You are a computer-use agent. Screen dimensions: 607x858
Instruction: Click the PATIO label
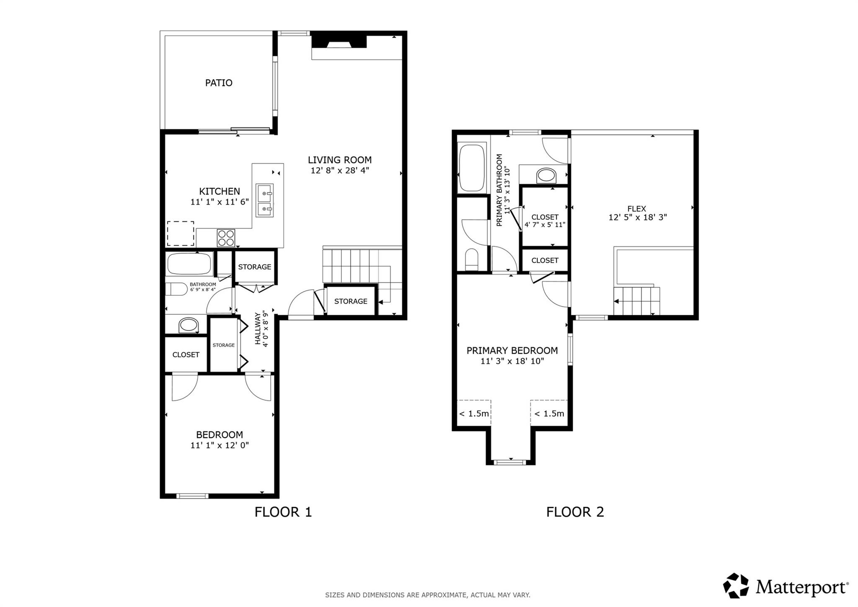219,83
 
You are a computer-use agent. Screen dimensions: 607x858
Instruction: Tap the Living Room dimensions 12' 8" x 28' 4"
339,171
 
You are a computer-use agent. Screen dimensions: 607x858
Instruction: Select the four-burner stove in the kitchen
226,238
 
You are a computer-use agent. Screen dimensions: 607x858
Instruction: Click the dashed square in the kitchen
181,233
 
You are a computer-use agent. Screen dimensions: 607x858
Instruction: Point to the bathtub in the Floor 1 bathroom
189,264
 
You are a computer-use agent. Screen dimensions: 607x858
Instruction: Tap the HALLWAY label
258,328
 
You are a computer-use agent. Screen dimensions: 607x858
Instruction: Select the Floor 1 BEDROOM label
220,435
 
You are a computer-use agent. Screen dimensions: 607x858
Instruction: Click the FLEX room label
637,208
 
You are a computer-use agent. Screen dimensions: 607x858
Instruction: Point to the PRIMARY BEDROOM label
512,350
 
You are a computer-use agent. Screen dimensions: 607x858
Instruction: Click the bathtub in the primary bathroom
472,168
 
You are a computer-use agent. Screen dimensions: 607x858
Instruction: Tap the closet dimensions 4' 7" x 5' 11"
545,225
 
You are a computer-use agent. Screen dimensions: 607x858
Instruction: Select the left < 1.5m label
474,414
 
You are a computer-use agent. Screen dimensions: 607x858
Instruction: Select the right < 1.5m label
549,414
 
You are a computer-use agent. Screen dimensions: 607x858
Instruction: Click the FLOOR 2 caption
575,512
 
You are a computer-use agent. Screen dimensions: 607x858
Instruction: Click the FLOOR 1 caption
283,512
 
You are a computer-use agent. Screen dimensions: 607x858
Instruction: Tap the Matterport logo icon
736,586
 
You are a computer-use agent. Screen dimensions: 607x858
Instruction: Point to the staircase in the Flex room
636,301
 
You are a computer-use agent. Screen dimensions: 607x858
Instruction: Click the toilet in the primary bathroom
472,259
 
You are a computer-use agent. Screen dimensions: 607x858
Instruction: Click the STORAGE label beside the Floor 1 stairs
351,301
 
